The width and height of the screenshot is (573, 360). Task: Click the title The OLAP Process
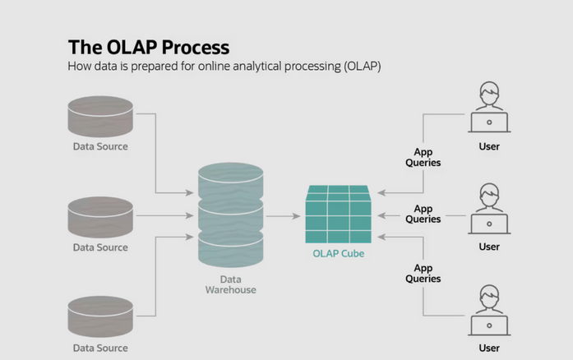(x=148, y=46)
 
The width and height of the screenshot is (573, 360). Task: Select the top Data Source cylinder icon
(x=100, y=117)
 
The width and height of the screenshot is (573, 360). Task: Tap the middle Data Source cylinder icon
(x=100, y=217)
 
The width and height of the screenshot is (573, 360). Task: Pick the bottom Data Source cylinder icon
(x=100, y=317)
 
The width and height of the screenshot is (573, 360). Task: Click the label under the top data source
(x=100, y=147)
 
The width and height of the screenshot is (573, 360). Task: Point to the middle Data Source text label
(x=100, y=247)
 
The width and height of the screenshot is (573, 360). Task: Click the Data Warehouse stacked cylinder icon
(x=230, y=215)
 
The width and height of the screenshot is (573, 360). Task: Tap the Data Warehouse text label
(x=230, y=284)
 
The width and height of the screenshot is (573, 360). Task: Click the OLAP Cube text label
(x=338, y=254)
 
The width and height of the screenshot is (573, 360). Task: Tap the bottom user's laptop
(x=488, y=324)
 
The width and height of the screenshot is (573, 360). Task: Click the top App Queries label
(x=423, y=157)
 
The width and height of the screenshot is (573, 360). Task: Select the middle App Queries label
(x=423, y=215)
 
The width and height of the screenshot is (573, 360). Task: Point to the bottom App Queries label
(x=423, y=274)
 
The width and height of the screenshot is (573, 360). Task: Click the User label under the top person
(x=489, y=147)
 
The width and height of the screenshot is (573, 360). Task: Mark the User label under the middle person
(x=489, y=247)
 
